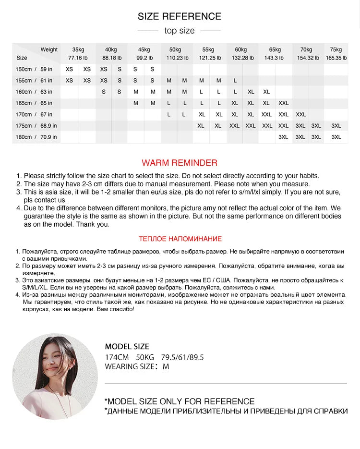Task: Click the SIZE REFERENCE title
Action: tap(180, 16)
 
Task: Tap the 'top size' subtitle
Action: tap(180, 31)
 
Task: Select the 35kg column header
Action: tap(78, 49)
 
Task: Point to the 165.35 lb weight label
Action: tap(336, 58)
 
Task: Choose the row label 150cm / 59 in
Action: tap(34, 69)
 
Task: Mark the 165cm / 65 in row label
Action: tap(34, 103)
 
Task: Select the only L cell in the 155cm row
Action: tap(235, 81)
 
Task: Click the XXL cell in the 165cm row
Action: tap(284, 103)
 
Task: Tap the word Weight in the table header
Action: tap(49, 49)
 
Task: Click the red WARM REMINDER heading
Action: tap(180, 163)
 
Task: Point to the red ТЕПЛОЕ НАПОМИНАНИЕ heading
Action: tap(180, 239)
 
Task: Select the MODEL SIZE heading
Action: tap(127, 346)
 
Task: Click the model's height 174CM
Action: tap(117, 357)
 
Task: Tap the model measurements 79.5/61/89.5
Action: tap(182, 357)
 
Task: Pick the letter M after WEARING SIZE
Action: tap(166, 367)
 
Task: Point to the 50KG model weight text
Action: tap(145, 357)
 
